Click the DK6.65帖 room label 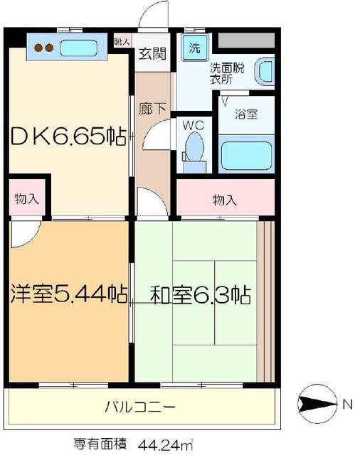coord(69,134)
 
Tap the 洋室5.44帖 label coord(69,293)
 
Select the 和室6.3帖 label coord(201,294)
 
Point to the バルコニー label coord(140,407)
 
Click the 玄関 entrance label coord(152,53)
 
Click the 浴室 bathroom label coord(243,112)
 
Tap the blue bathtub coord(245,156)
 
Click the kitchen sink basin coord(80,48)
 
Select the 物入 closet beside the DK coord(26,199)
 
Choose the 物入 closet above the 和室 coord(224,199)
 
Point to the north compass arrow coord(315,405)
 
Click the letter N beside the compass coord(347,405)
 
